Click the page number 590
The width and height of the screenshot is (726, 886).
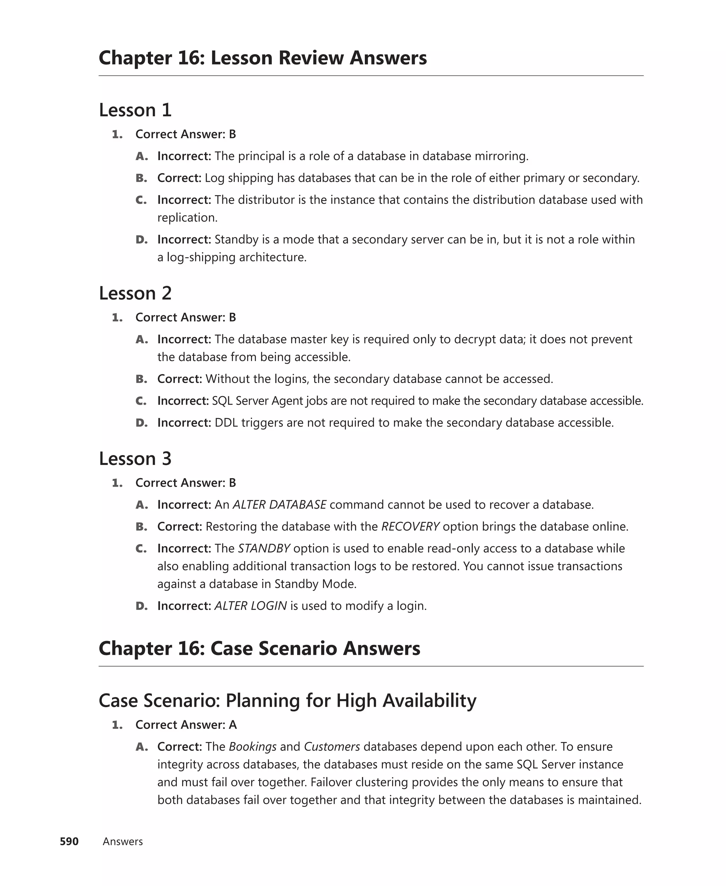(69, 841)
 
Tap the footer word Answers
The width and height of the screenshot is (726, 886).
(123, 841)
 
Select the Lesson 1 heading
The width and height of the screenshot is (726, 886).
(135, 110)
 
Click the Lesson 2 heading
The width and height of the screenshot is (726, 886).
(135, 293)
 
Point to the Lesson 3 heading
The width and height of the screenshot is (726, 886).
(135, 459)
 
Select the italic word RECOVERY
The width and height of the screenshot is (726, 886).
(410, 526)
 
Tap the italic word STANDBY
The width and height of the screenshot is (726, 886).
(264, 548)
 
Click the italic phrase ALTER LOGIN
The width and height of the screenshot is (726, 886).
(251, 606)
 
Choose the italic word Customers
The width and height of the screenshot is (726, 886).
(332, 747)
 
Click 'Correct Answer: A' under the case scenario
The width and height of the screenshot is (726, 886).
(186, 725)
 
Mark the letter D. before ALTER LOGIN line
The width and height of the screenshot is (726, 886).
(141, 606)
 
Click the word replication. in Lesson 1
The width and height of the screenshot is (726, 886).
(188, 217)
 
